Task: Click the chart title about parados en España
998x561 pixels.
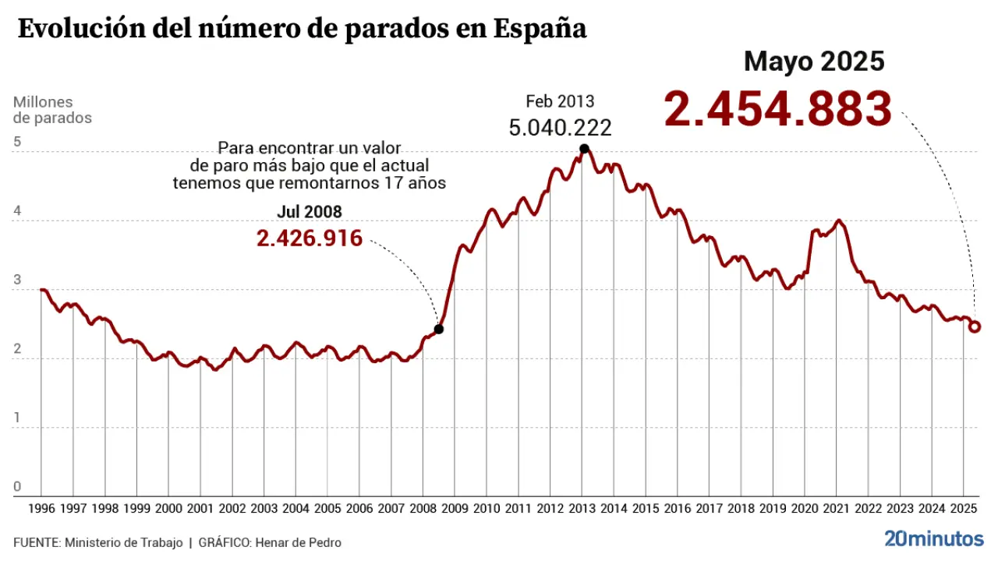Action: pos(302,30)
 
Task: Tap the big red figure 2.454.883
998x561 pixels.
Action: pos(777,109)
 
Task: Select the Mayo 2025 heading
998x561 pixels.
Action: pos(814,61)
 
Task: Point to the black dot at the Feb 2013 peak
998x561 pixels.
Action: pos(584,149)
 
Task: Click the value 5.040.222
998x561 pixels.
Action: pos(560,127)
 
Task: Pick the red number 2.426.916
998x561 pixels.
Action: pos(310,238)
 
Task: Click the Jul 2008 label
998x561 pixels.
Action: pos(310,212)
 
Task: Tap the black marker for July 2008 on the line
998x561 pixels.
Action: pos(438,329)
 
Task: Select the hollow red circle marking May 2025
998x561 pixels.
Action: pos(975,326)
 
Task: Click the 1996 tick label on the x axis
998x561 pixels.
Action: pos(41,509)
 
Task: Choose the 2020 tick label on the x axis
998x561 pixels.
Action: pos(805,509)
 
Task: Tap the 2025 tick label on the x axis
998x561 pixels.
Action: pos(964,509)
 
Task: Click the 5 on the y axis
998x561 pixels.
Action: pos(17,143)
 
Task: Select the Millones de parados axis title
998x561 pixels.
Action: pos(52,110)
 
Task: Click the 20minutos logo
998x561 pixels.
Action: pos(933,538)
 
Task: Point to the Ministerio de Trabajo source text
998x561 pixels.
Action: pos(124,542)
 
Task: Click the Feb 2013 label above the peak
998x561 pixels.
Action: pos(560,101)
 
